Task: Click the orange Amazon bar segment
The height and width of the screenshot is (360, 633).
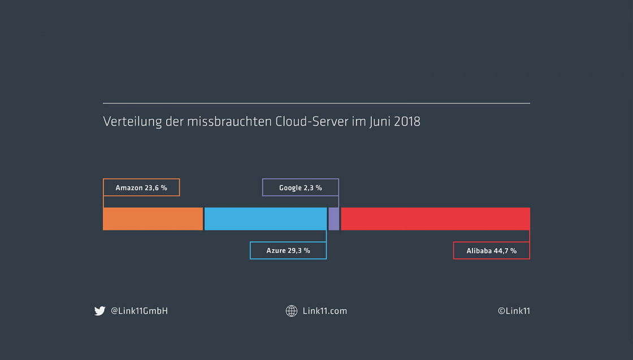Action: (x=153, y=219)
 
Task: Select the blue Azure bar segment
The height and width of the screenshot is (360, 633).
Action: (x=265, y=219)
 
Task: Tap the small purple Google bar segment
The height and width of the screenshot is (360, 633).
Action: (x=334, y=219)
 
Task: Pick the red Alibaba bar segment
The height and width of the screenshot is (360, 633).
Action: (x=435, y=219)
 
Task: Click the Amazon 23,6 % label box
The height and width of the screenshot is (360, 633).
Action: (x=141, y=188)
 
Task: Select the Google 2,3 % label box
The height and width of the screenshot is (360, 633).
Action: (x=300, y=188)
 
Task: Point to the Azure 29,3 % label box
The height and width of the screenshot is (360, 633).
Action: (x=288, y=250)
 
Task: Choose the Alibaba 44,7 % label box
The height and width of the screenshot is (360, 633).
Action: (x=491, y=250)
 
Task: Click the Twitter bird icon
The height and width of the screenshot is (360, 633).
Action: (x=100, y=311)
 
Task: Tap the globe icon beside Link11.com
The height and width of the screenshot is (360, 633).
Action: (x=292, y=311)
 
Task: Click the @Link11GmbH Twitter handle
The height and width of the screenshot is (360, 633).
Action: (x=139, y=311)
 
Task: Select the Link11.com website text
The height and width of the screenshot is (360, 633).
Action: (x=325, y=311)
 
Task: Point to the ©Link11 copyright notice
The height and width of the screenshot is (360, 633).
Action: (x=514, y=311)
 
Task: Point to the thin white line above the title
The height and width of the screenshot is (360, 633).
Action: (x=316, y=103)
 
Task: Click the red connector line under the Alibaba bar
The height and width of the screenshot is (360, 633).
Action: (x=530, y=236)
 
